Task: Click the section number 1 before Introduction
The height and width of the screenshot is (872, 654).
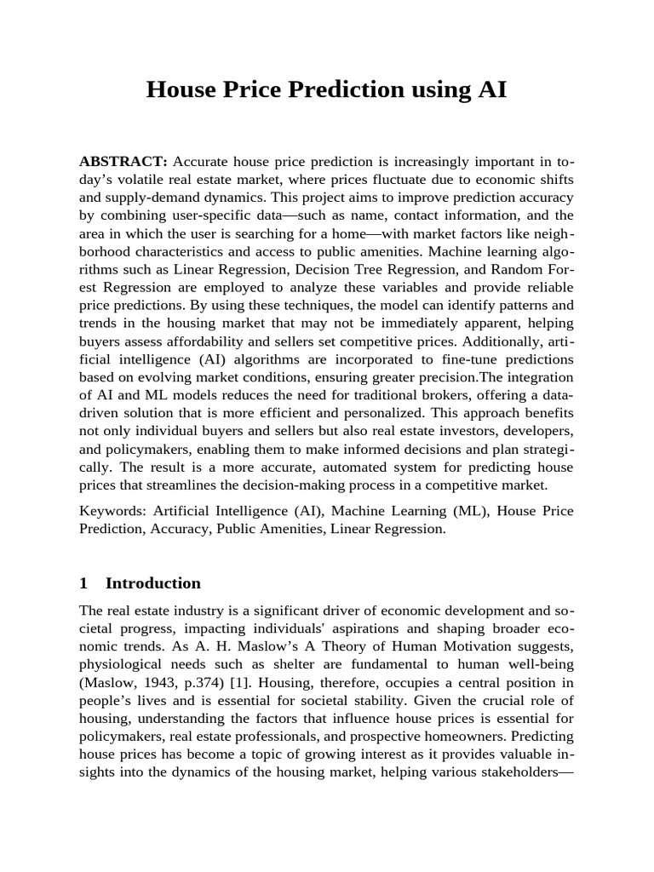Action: [83, 583]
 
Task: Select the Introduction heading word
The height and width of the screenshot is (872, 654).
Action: [153, 583]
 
